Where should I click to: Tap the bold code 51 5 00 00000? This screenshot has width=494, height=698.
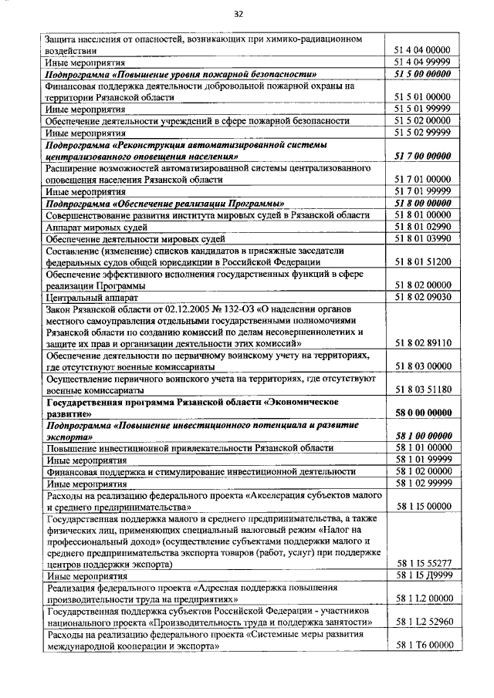(422, 74)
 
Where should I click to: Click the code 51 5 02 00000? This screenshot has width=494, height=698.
(422, 121)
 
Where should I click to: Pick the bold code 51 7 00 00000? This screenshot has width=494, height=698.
(422, 157)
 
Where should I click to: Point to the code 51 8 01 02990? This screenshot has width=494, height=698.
(422, 228)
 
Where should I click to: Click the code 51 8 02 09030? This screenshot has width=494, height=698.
(422, 297)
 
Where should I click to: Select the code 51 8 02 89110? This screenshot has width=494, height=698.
(422, 342)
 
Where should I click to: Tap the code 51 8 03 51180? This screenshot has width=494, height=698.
(422, 390)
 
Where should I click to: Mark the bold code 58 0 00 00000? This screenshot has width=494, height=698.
(422, 413)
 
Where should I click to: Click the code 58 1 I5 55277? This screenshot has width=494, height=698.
(422, 563)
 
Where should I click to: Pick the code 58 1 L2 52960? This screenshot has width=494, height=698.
(422, 622)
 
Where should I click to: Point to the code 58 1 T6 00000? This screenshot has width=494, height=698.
(422, 645)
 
